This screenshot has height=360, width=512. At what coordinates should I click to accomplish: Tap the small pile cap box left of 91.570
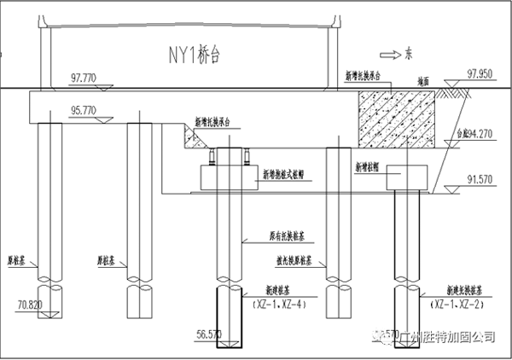tap(405, 179)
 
